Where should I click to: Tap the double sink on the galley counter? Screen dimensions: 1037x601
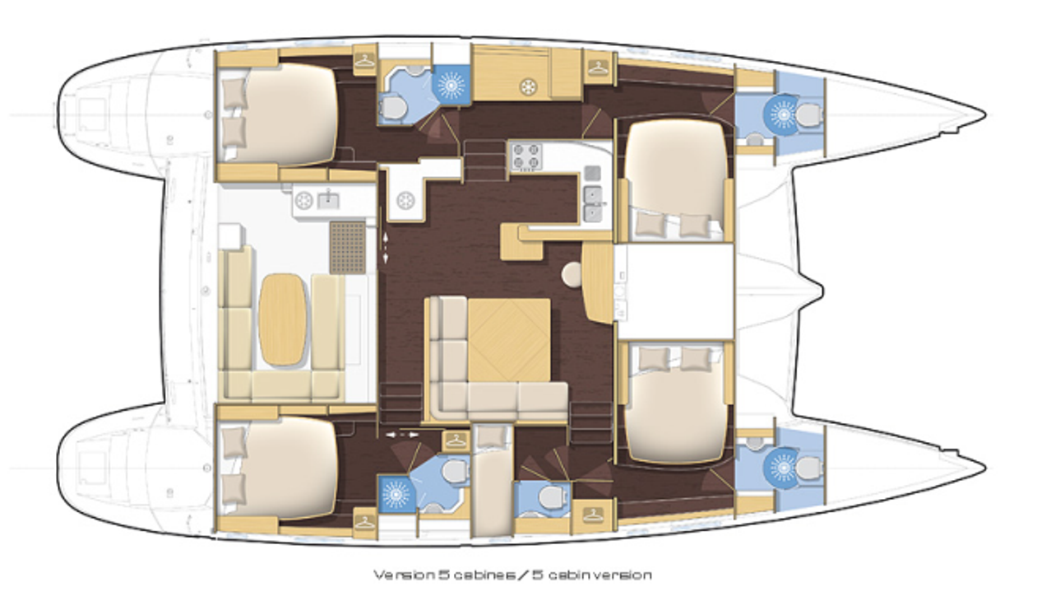[x=593, y=204]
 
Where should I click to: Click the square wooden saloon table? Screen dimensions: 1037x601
[x=509, y=340]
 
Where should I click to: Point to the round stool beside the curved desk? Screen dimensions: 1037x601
[x=573, y=274]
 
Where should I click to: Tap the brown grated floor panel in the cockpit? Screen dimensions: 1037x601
[x=348, y=248]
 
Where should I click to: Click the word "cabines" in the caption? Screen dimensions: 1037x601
[x=484, y=575]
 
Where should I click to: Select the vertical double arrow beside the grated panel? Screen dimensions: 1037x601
[x=385, y=249]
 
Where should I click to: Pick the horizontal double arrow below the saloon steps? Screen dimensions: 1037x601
[x=402, y=436]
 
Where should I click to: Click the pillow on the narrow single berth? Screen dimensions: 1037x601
[x=491, y=436]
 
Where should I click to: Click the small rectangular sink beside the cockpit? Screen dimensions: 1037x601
[x=328, y=200]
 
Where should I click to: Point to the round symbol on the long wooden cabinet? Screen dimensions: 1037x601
[x=528, y=86]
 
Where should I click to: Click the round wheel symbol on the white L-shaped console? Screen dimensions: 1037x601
[x=405, y=201]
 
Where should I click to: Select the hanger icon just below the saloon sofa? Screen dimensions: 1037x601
[x=456, y=440]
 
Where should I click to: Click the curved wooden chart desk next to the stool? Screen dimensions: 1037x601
[x=598, y=283]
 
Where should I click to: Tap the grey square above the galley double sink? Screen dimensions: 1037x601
[x=593, y=174]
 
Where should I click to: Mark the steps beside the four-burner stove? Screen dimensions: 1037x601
[x=485, y=160]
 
